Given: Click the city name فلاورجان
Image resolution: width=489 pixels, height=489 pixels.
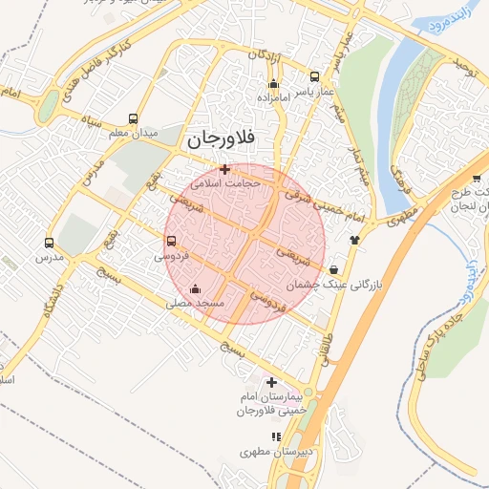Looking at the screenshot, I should (x=221, y=138).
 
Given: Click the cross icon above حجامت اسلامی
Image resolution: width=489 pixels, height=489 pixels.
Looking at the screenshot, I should (x=224, y=169).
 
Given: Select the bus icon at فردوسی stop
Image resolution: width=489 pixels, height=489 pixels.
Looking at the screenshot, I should (x=171, y=241).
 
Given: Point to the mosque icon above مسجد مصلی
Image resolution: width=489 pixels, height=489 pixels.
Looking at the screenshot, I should (x=196, y=288).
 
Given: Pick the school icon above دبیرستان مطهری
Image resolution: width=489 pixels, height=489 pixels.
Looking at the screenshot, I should (x=276, y=437).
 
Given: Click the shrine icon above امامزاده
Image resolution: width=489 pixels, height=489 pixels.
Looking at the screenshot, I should (x=273, y=84).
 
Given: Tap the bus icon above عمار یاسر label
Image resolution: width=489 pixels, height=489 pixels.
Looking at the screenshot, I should (x=315, y=76).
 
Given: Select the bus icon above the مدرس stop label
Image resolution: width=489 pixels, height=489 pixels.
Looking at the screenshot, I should (x=50, y=243).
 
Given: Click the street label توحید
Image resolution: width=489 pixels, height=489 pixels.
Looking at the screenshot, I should (x=464, y=68).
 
